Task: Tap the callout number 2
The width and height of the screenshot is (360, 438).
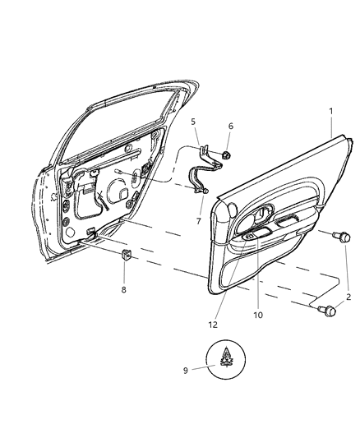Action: (x=348, y=297)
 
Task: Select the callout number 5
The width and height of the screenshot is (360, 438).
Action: (x=194, y=122)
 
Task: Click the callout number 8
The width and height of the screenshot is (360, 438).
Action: (x=125, y=290)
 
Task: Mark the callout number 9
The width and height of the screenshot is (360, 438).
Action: (x=186, y=370)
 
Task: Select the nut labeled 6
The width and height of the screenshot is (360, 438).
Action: (x=225, y=154)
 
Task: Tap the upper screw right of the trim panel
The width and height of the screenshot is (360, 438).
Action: (x=336, y=237)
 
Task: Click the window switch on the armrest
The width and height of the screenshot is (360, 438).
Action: (x=252, y=237)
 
